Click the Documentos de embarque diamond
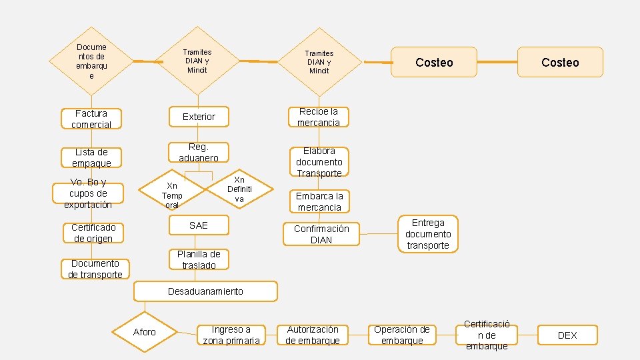(x=91, y=61)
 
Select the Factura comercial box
(x=91, y=119)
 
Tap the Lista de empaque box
(x=91, y=157)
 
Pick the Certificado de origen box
(x=93, y=233)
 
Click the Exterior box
(x=199, y=117)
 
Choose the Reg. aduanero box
(x=199, y=152)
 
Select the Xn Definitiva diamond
(x=239, y=189)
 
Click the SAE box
(x=198, y=226)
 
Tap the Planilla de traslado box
(x=199, y=259)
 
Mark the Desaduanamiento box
(x=205, y=291)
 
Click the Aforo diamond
(x=145, y=332)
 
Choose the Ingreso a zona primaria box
(x=231, y=335)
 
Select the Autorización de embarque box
(x=313, y=335)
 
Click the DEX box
(x=567, y=335)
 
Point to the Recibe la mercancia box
(x=319, y=117)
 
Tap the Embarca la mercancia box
(x=319, y=201)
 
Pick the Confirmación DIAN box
(x=321, y=233)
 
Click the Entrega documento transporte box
(x=428, y=234)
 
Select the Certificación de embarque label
(x=487, y=335)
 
